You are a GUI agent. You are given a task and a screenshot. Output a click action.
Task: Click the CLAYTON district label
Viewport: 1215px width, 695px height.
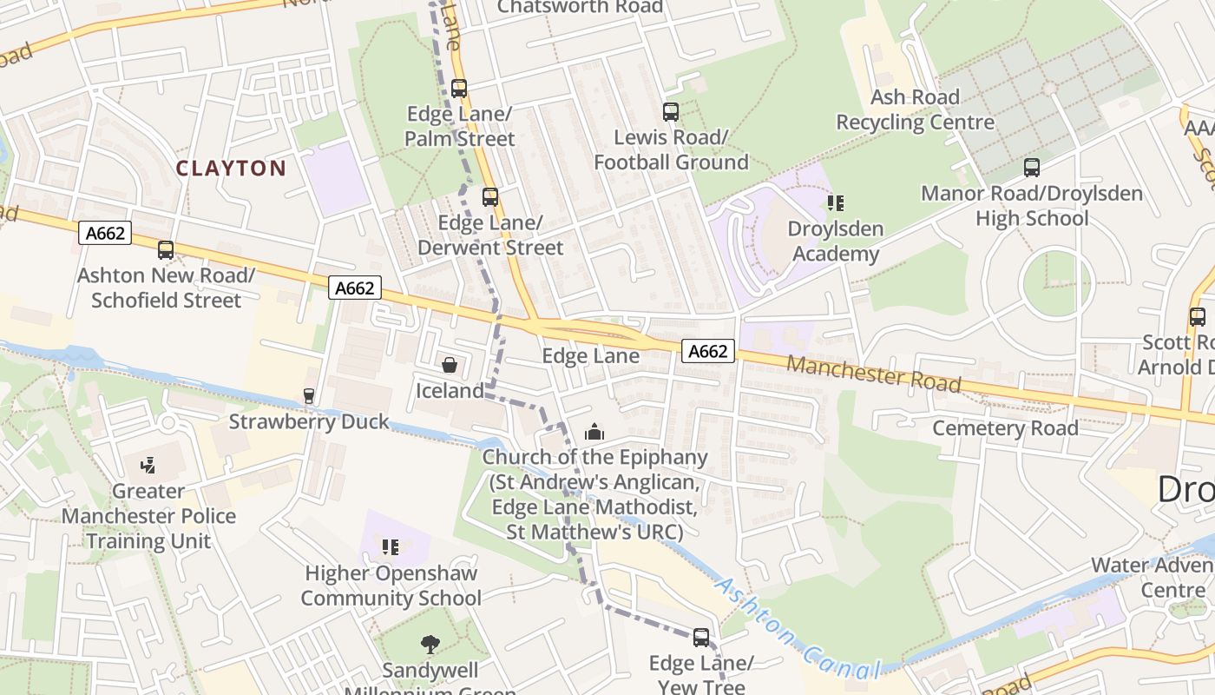(x=231, y=168)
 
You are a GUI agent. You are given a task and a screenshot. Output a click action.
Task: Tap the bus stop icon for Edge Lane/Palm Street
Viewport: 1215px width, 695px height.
(x=459, y=89)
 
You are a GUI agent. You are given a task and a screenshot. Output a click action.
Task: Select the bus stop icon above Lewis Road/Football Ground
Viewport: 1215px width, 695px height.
(x=671, y=112)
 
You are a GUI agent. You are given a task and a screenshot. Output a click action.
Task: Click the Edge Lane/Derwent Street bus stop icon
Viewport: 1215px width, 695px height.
(x=490, y=197)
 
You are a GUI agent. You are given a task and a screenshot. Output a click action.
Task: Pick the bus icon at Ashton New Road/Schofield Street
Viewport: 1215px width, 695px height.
(x=166, y=250)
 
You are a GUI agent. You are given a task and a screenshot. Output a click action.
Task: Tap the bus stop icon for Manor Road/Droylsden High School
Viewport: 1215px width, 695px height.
(x=1031, y=168)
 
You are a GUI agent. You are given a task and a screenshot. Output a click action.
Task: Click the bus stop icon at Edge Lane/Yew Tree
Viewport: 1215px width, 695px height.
(x=701, y=638)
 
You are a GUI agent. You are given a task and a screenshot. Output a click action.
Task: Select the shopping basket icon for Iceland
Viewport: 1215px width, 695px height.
(x=450, y=365)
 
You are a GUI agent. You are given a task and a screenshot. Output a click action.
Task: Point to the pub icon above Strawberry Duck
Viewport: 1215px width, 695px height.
(x=308, y=396)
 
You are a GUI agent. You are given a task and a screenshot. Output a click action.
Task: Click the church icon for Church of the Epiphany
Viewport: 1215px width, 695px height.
(x=594, y=431)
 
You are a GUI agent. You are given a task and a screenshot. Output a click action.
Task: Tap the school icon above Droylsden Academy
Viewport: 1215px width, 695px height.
(x=836, y=203)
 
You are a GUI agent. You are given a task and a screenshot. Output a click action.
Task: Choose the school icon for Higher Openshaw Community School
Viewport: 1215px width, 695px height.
(x=391, y=547)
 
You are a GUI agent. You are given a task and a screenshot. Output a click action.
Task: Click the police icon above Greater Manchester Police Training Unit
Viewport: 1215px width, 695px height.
(x=148, y=465)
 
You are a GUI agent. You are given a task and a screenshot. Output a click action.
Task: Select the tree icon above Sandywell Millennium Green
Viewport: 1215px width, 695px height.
(x=430, y=645)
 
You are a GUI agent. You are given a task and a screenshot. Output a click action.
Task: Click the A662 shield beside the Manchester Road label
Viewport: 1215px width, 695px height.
(x=708, y=351)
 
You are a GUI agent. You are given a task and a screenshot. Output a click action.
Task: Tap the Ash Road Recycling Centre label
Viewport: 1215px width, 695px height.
(x=915, y=109)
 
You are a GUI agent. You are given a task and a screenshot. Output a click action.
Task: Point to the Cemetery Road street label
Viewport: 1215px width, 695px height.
(x=1005, y=427)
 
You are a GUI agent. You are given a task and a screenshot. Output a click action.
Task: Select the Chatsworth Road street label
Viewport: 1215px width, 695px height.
(x=580, y=8)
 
